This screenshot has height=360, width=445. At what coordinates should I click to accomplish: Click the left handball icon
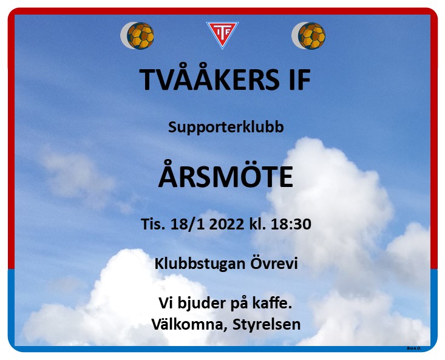click(137, 35)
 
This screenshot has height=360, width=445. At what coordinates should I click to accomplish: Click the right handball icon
click(308, 35)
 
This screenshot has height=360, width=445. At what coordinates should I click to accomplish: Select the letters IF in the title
click(301, 80)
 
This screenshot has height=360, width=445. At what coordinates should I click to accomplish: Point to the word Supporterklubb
click(226, 127)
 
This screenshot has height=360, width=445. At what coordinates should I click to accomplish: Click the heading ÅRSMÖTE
click(226, 175)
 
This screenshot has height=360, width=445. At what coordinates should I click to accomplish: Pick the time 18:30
click(291, 224)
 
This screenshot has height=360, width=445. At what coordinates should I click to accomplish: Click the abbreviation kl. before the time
click(257, 224)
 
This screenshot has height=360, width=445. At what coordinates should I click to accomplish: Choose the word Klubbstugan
click(200, 264)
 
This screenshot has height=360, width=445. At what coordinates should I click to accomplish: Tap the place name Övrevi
click(274, 263)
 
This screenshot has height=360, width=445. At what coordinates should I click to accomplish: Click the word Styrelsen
click(267, 325)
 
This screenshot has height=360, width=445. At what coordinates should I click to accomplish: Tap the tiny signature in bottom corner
click(414, 348)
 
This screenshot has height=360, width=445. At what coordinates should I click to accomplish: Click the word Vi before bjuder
click(166, 303)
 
